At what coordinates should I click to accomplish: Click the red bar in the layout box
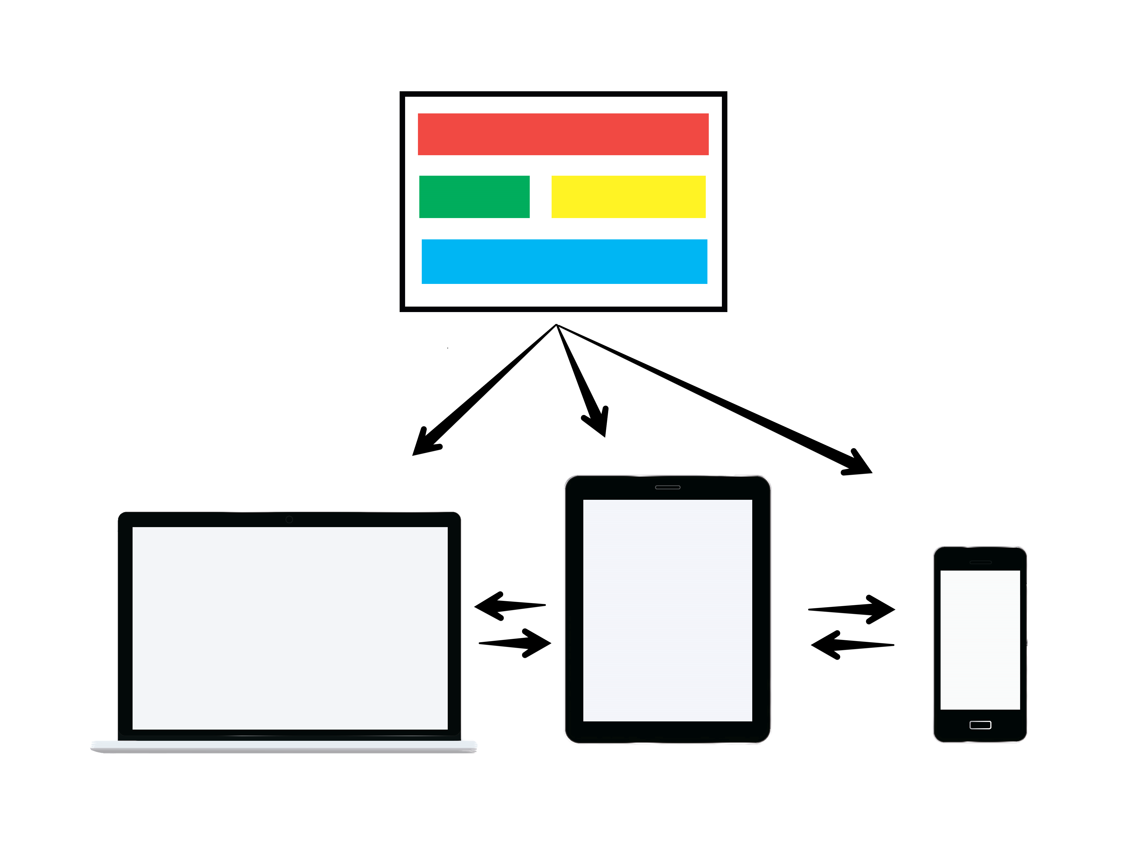(563, 134)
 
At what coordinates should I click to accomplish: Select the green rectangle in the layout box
(474, 196)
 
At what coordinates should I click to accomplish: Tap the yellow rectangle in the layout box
(628, 196)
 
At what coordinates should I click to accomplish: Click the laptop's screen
(290, 627)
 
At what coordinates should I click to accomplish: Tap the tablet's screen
(668, 610)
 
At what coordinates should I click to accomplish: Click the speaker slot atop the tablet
(668, 487)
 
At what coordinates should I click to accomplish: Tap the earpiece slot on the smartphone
(980, 562)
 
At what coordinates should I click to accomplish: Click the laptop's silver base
(283, 747)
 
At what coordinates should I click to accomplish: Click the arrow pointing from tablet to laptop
(504, 606)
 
